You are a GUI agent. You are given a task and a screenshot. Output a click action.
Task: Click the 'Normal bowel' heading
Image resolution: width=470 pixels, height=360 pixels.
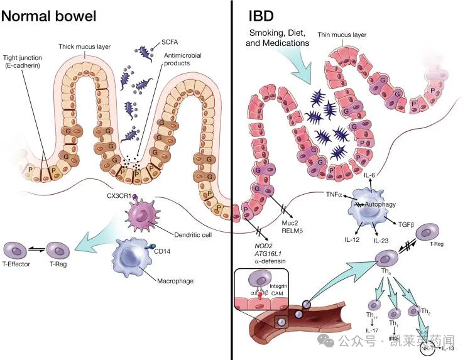[49, 15]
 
